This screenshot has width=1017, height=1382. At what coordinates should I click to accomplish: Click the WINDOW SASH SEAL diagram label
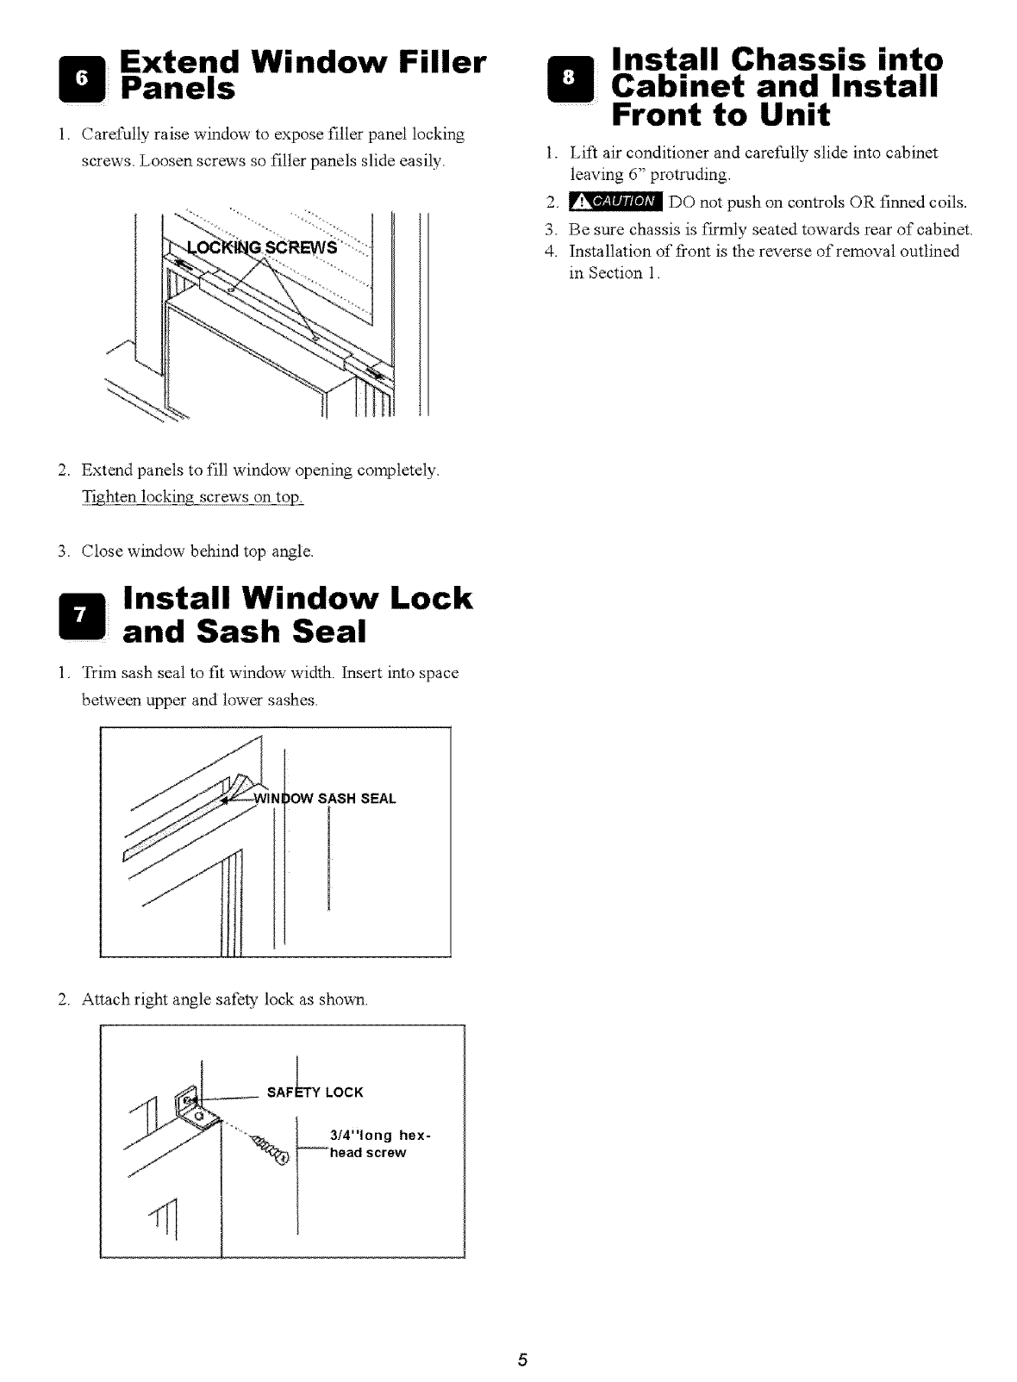coord(325,799)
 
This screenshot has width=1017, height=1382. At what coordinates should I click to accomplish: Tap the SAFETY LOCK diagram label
coord(315,1093)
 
